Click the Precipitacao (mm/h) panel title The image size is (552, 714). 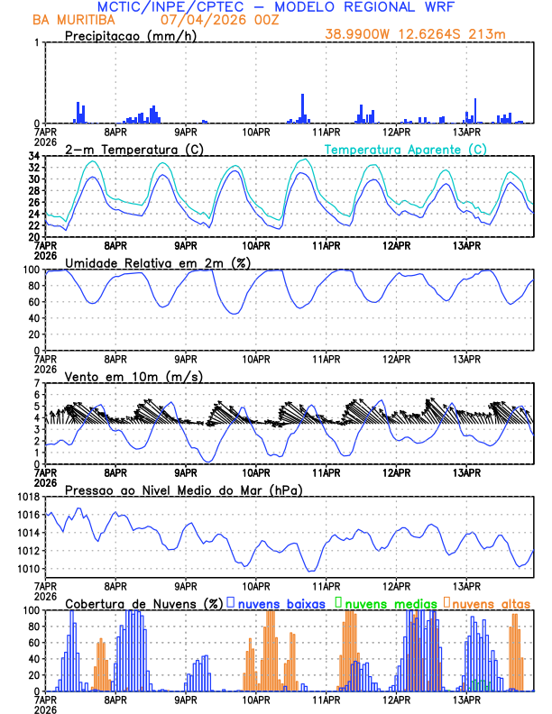[x=130, y=36]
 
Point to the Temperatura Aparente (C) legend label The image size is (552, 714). [x=405, y=149]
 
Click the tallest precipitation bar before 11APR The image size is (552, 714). [x=302, y=107]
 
